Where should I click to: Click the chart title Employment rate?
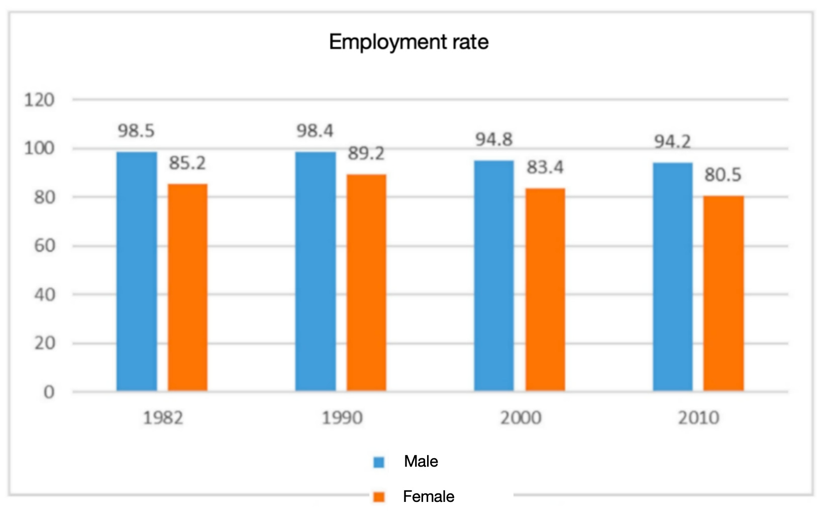pyautogui.click(x=408, y=42)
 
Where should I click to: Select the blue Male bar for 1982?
pyautogui.click(x=137, y=272)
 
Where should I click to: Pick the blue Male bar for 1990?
pyautogui.click(x=316, y=272)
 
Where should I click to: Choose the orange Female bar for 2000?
pyautogui.click(x=545, y=290)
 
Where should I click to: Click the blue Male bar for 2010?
pyautogui.click(x=673, y=277)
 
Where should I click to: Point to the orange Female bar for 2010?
pyautogui.click(x=724, y=294)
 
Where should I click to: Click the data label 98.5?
pyautogui.click(x=136, y=131)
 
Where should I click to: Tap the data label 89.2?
pyautogui.click(x=366, y=153)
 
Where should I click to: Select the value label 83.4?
pyautogui.click(x=545, y=167)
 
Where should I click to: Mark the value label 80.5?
pyautogui.click(x=723, y=175)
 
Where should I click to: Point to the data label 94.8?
pyautogui.click(x=494, y=139)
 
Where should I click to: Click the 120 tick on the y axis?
pyautogui.click(x=39, y=100)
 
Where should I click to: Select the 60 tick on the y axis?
pyautogui.click(x=45, y=246)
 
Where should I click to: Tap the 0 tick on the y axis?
pyautogui.click(x=49, y=392)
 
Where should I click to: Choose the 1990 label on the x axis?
pyautogui.click(x=342, y=418)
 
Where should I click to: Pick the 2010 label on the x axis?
pyautogui.click(x=698, y=418)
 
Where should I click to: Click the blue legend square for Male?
pyautogui.click(x=379, y=462)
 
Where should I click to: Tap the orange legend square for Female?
pyautogui.click(x=379, y=497)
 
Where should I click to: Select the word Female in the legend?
pyautogui.click(x=429, y=497)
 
